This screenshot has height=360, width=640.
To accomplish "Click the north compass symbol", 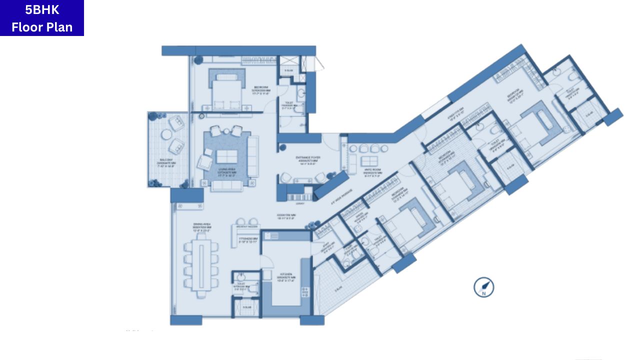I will pos(484,287).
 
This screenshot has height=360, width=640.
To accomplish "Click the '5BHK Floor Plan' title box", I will pos(42,18).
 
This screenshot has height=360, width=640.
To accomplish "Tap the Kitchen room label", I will pos(286,276).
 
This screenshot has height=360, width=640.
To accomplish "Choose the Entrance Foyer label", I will pos(308,160).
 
